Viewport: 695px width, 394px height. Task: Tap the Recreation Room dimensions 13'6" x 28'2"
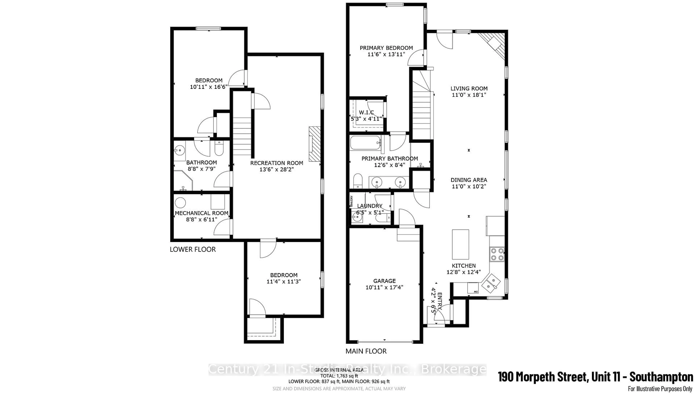pos(276,170)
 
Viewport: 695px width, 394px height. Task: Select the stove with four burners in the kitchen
pos(497,254)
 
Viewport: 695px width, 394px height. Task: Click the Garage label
pos(384,281)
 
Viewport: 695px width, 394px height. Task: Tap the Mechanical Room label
pos(201,213)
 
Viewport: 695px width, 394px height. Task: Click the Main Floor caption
pos(366,351)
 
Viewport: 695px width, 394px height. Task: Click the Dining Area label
pos(469,180)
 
